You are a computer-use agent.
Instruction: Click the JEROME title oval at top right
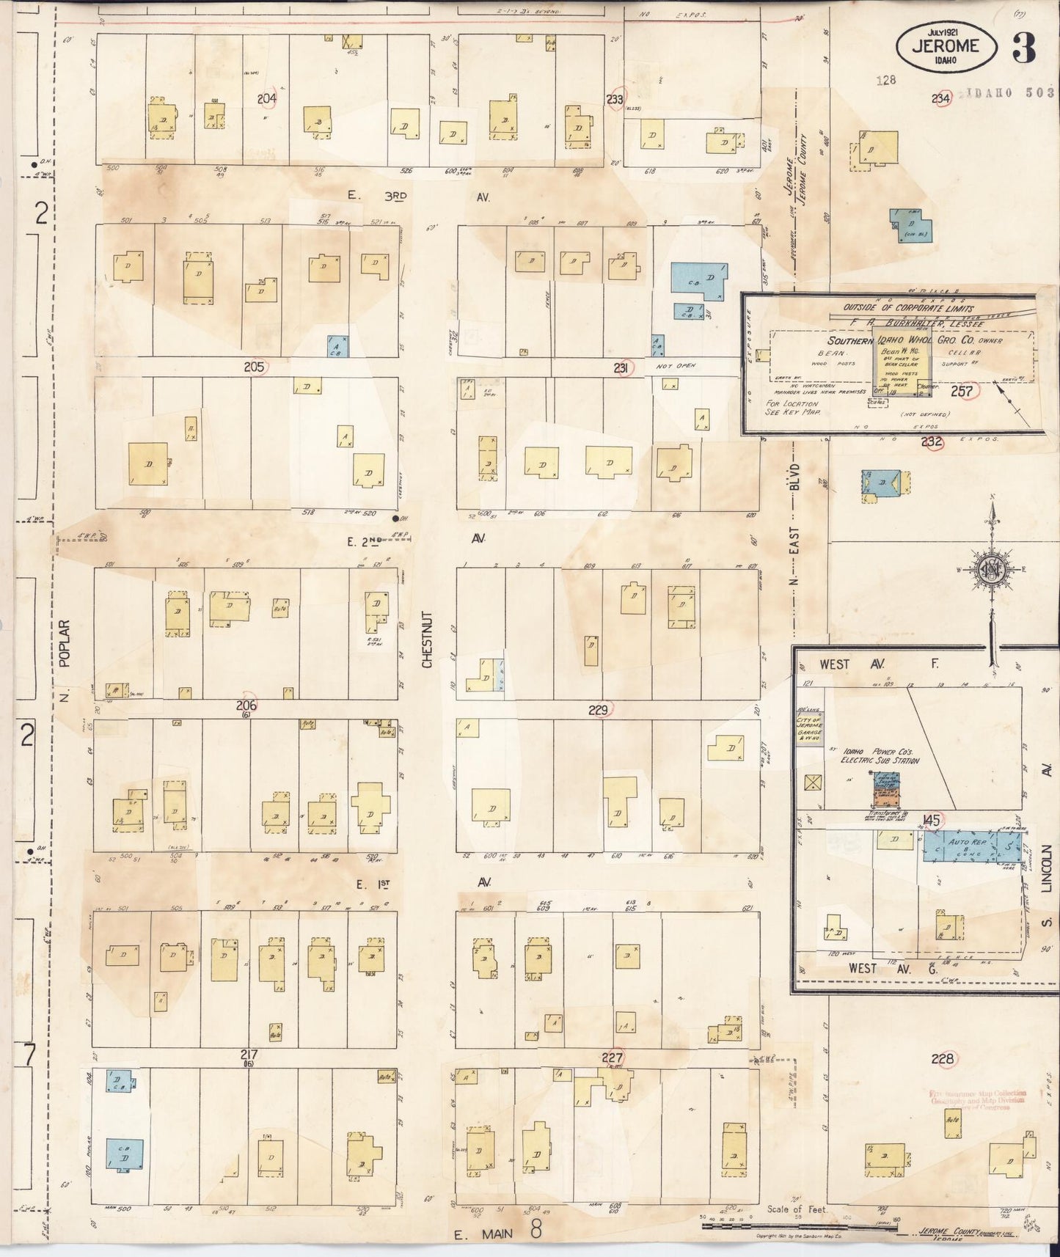pyautogui.click(x=946, y=46)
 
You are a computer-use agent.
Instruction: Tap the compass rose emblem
pyautogui.click(x=991, y=569)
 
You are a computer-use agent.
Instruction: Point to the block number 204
pyautogui.click(x=266, y=98)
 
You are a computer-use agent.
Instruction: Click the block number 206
pyautogui.click(x=246, y=705)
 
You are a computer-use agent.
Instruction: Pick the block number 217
pyautogui.click(x=248, y=1055)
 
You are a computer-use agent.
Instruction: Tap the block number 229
pyautogui.click(x=599, y=710)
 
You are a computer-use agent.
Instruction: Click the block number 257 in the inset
pyautogui.click(x=961, y=392)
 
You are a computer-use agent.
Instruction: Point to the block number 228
pyautogui.click(x=942, y=1058)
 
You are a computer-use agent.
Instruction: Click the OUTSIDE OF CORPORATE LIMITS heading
pyautogui.click(x=909, y=308)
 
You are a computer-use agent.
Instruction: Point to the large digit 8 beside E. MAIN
pyautogui.click(x=536, y=1230)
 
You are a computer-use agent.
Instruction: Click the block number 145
pyautogui.click(x=932, y=821)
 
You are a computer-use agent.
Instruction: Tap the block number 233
pyautogui.click(x=614, y=99)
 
